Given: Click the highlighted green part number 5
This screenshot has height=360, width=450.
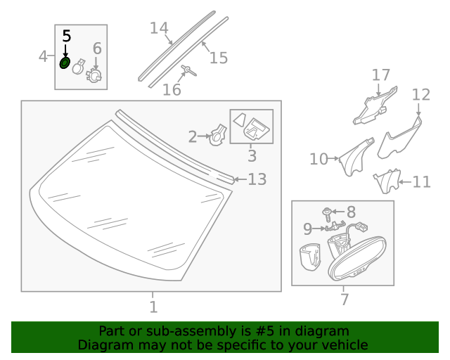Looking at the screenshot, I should [65, 63].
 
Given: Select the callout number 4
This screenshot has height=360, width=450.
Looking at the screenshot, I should [44, 57].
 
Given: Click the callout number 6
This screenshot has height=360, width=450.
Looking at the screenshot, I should [97, 49].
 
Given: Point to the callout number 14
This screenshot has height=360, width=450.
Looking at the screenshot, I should [159, 29].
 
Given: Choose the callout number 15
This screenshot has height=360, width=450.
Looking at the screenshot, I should [219, 57].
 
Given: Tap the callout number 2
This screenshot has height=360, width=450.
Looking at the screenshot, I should [193, 136].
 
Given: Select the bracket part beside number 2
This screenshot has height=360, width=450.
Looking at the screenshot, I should [218, 134].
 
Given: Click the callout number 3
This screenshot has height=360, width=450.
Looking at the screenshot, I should [252, 156].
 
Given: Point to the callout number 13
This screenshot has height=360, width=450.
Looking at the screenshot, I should [257, 180].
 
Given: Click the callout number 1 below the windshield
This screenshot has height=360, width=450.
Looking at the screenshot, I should [153, 307].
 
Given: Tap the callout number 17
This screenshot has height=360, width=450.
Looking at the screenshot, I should [380, 75].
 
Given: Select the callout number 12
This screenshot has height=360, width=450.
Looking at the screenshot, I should [420, 94].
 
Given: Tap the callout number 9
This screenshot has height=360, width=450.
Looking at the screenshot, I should [307, 229].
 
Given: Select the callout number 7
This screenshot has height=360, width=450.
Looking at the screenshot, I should [344, 300].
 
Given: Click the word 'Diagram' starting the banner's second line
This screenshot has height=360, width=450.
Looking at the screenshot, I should [103, 345].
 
